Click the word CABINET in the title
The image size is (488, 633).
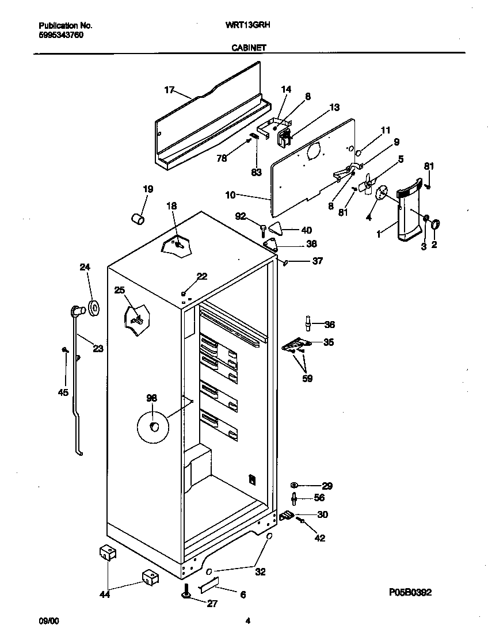click(248, 48)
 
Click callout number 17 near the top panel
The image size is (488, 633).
click(169, 90)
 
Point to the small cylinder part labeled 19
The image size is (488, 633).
click(138, 219)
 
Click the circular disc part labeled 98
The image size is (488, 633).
click(153, 426)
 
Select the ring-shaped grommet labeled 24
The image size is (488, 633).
click(93, 308)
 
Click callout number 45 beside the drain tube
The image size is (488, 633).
click(63, 392)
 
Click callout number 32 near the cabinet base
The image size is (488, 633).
click(260, 572)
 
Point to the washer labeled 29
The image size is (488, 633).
click(295, 486)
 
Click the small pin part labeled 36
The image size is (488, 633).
click(309, 324)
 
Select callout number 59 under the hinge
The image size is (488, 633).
click(308, 379)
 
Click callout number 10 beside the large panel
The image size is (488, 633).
click(230, 196)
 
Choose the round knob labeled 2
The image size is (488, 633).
click(435, 224)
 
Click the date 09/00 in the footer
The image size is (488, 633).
click(48, 621)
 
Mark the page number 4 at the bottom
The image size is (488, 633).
click(247, 621)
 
